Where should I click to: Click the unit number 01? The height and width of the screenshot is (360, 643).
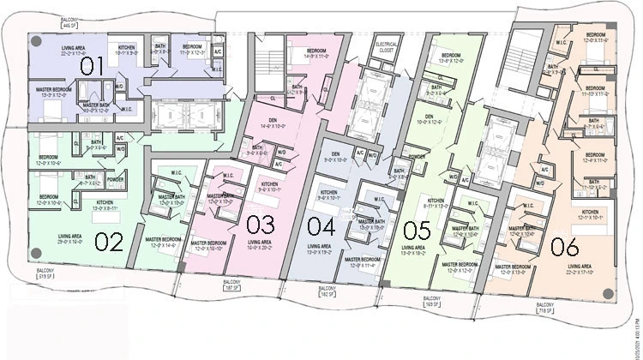click(92, 66)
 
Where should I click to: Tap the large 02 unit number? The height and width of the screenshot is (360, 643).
click(109, 242)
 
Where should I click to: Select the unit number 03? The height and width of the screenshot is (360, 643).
click(260, 225)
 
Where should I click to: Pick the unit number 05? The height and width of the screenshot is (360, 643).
click(417, 229)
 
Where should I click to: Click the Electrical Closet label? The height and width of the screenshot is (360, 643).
click(383, 45)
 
